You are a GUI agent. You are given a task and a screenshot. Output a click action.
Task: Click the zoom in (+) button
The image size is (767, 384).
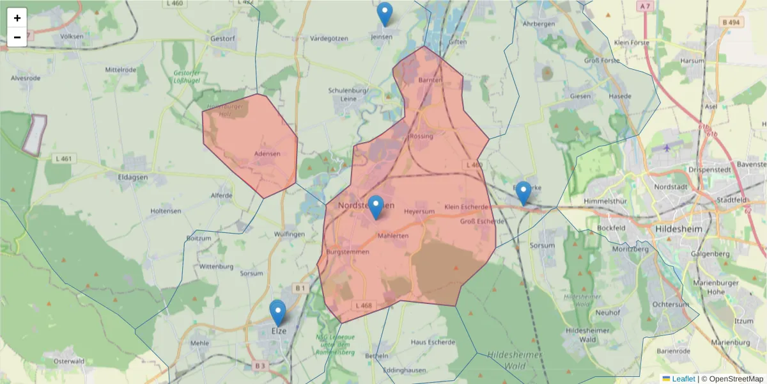click(x=17, y=18)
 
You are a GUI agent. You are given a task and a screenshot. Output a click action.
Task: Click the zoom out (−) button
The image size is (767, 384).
click(x=17, y=37)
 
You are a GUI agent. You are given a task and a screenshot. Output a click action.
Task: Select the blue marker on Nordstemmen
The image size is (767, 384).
click(x=376, y=207)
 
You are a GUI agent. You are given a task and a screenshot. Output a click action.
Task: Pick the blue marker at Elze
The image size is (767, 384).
click(x=277, y=313)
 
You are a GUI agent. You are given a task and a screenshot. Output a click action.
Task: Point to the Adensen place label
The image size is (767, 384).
click(x=267, y=154)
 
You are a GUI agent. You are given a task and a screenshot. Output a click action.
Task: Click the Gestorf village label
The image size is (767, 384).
click(x=224, y=38)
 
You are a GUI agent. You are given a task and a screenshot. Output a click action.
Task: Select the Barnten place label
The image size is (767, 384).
click(x=430, y=81)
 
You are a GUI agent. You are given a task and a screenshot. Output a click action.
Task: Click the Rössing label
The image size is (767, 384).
click(x=421, y=136)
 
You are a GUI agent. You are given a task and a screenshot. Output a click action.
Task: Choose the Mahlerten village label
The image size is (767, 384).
click(x=393, y=236)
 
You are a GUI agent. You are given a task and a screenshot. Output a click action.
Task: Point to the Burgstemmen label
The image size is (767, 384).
click(x=348, y=253)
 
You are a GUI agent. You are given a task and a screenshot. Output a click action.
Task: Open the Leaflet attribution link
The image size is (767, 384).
click(x=683, y=379)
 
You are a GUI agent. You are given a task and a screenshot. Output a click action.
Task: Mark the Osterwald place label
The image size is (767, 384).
click(x=69, y=361)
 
